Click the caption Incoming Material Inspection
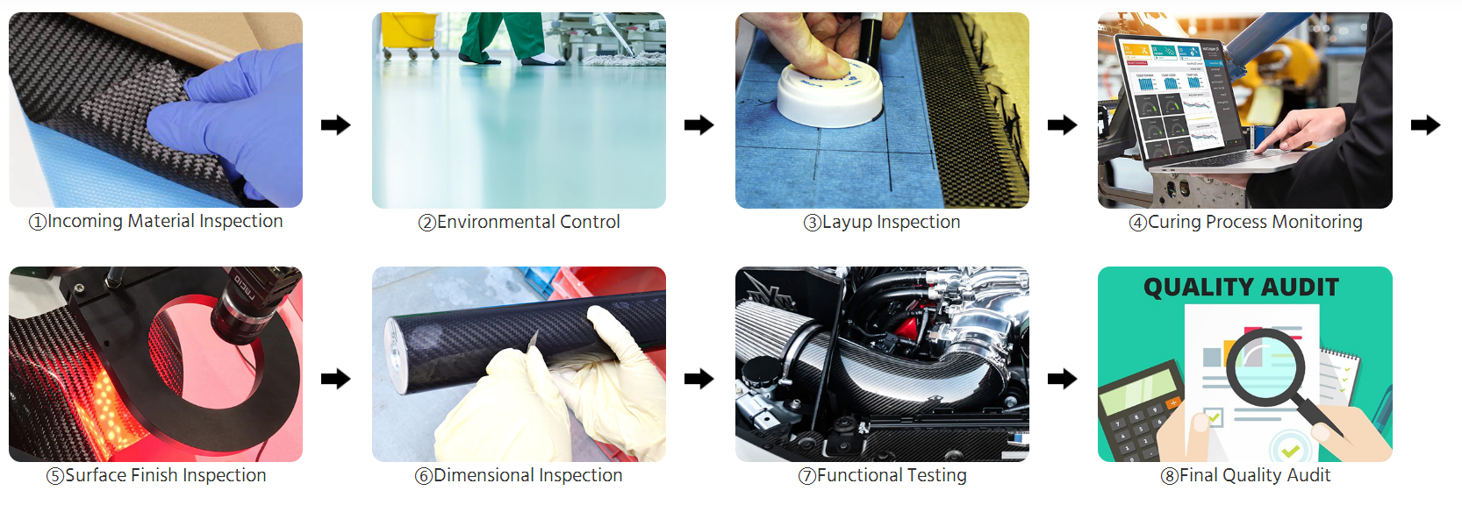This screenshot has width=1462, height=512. (155, 221)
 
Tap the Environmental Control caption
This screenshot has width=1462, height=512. (519, 223)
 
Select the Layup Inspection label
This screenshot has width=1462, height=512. (882, 223)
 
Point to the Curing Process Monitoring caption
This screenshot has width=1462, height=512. (1245, 223)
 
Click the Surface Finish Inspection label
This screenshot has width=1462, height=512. (156, 475)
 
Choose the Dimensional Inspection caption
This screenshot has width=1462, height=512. (519, 475)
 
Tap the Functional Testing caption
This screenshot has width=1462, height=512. (882, 475)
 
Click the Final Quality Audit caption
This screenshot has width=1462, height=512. (1245, 475)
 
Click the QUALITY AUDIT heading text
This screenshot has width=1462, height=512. (1241, 288)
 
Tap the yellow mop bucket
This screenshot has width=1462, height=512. (409, 32)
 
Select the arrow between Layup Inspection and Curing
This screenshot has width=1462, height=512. (1062, 124)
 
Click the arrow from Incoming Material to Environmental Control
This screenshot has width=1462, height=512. (335, 124)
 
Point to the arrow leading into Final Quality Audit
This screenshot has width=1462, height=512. (1062, 378)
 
